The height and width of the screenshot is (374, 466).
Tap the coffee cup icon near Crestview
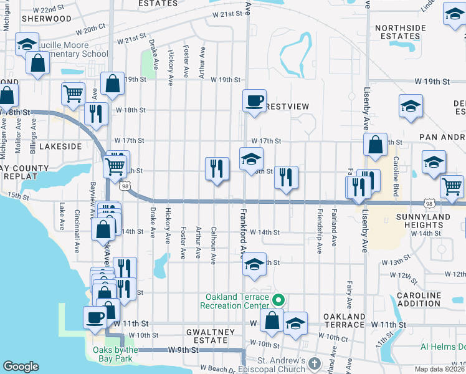(x=254, y=100)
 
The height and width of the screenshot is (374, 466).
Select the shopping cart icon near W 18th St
(x=73, y=93)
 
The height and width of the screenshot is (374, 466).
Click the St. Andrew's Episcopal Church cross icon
(x=315, y=363)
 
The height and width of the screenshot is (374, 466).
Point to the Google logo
(x=21, y=367)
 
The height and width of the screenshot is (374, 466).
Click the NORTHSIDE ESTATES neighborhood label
(x=401, y=32)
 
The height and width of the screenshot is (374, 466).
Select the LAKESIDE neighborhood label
(x=60, y=146)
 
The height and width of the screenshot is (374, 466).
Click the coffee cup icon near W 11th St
(x=95, y=317)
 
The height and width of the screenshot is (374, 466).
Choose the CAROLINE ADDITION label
(x=419, y=299)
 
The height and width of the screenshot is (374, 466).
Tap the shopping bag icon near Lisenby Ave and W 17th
(x=376, y=145)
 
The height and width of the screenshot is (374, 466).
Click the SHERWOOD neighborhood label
(x=46, y=19)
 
